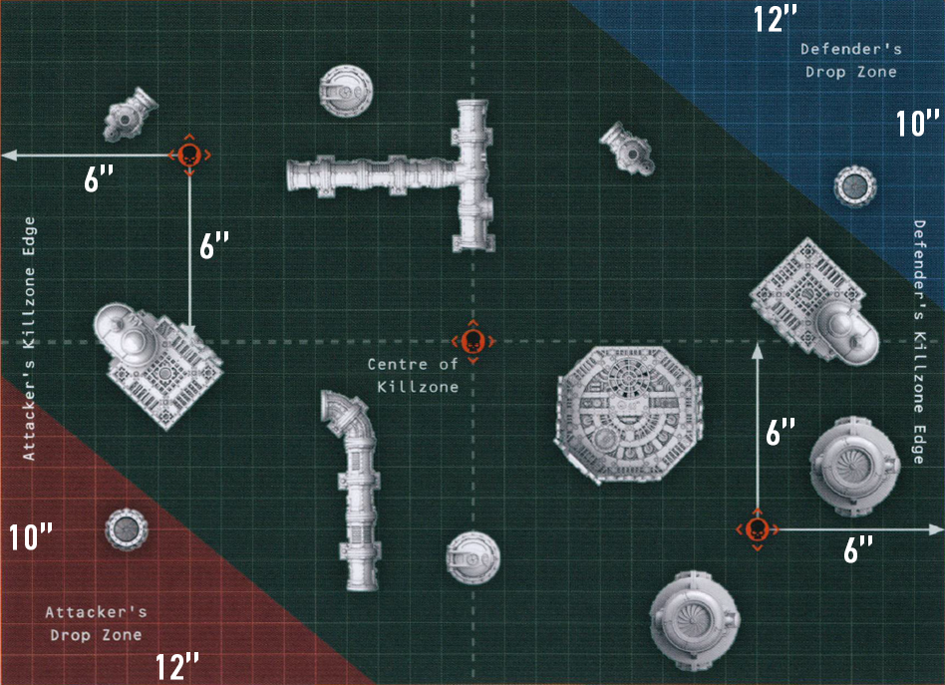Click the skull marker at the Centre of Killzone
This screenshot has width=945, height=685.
click(x=473, y=342)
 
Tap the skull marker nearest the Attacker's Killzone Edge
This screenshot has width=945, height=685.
click(x=189, y=155)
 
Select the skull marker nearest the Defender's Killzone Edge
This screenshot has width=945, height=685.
click(x=757, y=529)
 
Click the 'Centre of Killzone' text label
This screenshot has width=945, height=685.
click(x=414, y=375)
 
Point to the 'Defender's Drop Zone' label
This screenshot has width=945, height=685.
click(x=851, y=60)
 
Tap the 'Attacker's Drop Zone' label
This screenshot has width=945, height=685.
click(x=97, y=623)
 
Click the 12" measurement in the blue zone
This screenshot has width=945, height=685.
click(x=776, y=18)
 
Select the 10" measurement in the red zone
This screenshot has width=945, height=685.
click(x=31, y=536)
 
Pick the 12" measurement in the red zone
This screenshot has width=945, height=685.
click(x=177, y=666)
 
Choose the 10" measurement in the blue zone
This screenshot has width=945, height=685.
click(x=917, y=123)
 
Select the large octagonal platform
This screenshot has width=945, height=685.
click(x=628, y=414)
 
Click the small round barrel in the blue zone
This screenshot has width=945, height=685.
click(x=855, y=185)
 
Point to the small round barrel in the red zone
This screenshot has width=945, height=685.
click(x=127, y=529)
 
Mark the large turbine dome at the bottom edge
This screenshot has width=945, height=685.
click(x=694, y=620)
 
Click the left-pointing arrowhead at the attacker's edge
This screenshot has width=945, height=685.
click(x=8, y=156)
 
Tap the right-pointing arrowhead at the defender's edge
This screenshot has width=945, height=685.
click(x=937, y=529)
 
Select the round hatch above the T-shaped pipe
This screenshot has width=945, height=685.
click(x=345, y=91)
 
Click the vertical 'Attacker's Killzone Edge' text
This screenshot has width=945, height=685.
click(x=28, y=339)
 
